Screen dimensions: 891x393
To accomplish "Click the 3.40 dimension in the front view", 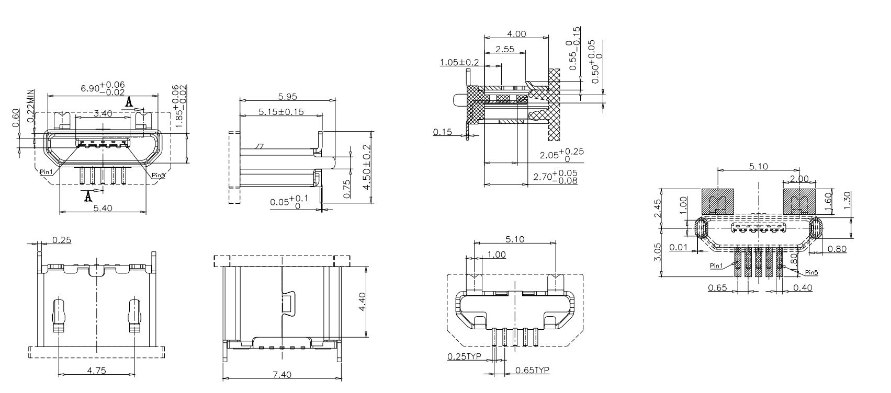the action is point(103,113).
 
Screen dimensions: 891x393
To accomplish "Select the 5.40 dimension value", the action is point(103,208).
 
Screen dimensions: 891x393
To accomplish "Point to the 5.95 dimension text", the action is point(288,97).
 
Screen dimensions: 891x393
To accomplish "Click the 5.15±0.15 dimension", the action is point(281,112).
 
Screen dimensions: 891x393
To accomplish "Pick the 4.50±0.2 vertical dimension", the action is point(366,167).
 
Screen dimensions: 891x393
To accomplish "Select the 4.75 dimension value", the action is point(97,371).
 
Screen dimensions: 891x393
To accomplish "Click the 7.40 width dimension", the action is point(282,375).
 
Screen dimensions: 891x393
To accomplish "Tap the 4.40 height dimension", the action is point(362,302).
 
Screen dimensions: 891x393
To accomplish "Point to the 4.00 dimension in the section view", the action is point(516,34).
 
